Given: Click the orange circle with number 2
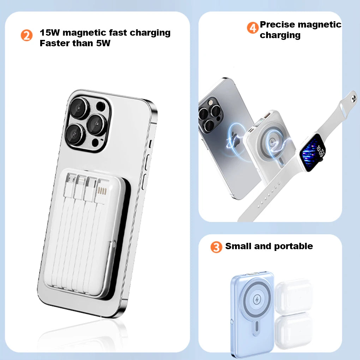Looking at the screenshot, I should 26,35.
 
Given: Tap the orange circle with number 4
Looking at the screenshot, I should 253,27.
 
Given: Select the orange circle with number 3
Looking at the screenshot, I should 216,247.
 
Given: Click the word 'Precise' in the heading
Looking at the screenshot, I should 278,25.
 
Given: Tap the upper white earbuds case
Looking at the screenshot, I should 294,296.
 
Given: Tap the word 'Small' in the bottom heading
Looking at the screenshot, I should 238,246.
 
